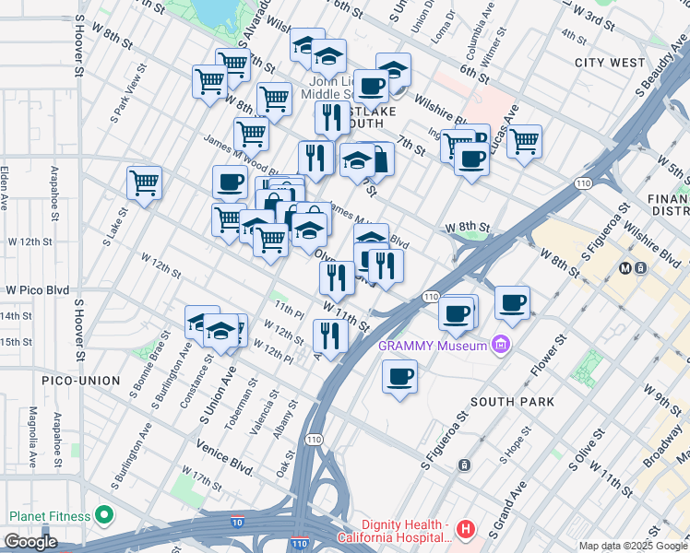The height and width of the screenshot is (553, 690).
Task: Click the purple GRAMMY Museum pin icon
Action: tap(501, 346)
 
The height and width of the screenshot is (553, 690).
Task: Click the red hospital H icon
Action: tap(467, 530)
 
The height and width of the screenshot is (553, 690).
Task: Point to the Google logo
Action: tap(30, 542)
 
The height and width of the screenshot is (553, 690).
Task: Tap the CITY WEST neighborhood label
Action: tap(609, 63)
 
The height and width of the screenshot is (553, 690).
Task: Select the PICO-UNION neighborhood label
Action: tap(80, 381)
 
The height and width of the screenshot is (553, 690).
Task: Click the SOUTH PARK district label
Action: tap(512, 402)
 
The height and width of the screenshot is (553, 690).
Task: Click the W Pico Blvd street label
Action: tap(37, 289)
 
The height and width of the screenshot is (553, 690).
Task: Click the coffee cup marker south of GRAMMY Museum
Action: tap(399, 377)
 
